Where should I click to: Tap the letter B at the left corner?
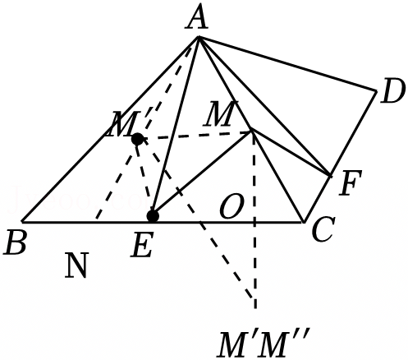[16, 242]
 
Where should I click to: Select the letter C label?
[323, 229]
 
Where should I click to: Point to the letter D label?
[392, 91]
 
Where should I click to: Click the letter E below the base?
[141, 246]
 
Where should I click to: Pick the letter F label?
[351, 182]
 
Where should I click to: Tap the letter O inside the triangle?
[231, 206]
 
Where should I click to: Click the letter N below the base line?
[77, 265]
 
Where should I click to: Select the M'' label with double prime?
[285, 343]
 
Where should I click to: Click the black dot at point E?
[153, 216]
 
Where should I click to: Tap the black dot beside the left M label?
[137, 139]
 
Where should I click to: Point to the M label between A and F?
[221, 113]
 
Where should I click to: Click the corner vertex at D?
[376, 90]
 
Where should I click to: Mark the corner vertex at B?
[22, 221]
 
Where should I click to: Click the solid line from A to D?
[287, 63]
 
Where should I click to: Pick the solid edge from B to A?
[111, 129]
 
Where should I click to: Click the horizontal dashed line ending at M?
[195, 136]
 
